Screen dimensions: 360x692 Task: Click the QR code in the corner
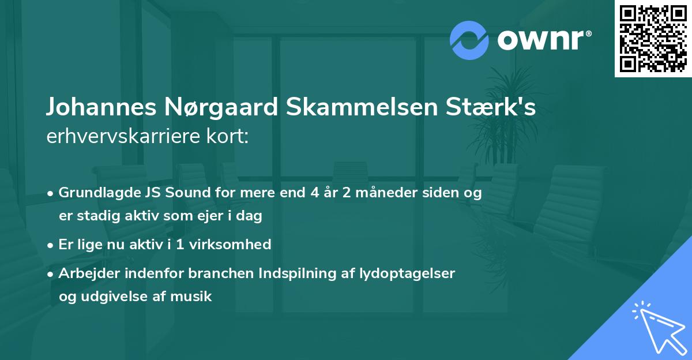[x=653, y=39]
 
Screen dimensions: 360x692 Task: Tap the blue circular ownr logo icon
[x=469, y=40]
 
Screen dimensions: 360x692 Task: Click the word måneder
[x=383, y=193]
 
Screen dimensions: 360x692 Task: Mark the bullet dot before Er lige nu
[x=51, y=245]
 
